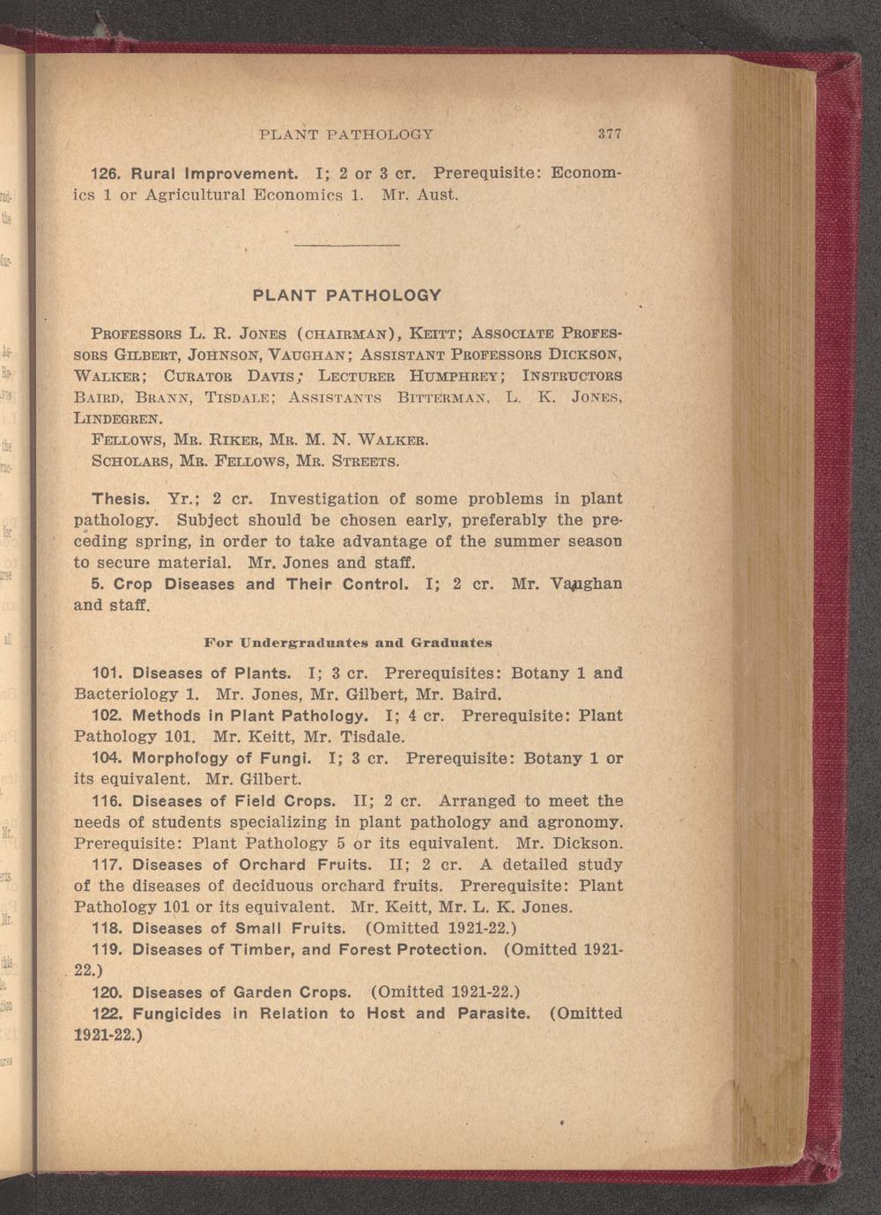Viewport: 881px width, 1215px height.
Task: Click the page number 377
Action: pyautogui.click(x=610, y=135)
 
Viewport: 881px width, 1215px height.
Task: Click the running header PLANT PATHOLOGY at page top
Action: pyautogui.click(x=346, y=135)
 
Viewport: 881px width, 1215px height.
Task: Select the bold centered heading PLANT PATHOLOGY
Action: pyautogui.click(x=346, y=295)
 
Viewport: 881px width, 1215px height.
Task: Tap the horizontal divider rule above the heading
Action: pyautogui.click(x=346, y=244)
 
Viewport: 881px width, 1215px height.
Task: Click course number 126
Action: pyautogui.click(x=107, y=173)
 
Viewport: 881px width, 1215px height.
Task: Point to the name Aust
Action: pyautogui.click(x=436, y=194)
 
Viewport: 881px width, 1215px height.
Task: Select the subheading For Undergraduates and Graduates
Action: pyautogui.click(x=347, y=643)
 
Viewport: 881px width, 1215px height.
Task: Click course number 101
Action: pyautogui.click(x=107, y=674)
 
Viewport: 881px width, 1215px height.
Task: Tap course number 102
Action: pyautogui.click(x=107, y=716)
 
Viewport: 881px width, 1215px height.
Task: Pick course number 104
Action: pyautogui.click(x=107, y=758)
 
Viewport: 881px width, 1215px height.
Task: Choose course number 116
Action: pyautogui.click(x=107, y=801)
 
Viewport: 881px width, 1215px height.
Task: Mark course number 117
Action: pyautogui.click(x=107, y=865)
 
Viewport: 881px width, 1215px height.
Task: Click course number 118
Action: pyautogui.click(x=107, y=929)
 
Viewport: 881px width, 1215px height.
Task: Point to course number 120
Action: pyautogui.click(x=107, y=992)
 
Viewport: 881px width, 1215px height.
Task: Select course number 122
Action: pyautogui.click(x=107, y=1013)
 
